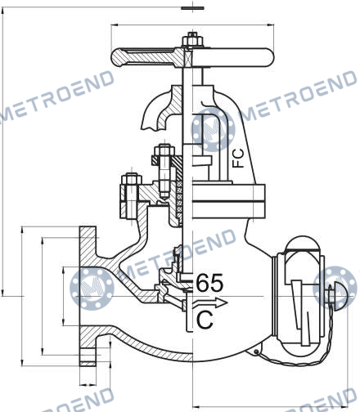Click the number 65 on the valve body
[x=209, y=283]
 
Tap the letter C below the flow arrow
[x=205, y=320]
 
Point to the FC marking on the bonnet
[x=238, y=159]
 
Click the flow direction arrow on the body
[x=210, y=302]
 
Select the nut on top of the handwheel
[x=192, y=40]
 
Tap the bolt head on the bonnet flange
[x=131, y=179]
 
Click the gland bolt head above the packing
[x=164, y=151]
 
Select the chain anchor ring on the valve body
[x=256, y=352]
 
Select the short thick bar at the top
[x=192, y=8]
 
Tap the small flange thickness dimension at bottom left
[x=88, y=385]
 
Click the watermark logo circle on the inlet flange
[x=92, y=289]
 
